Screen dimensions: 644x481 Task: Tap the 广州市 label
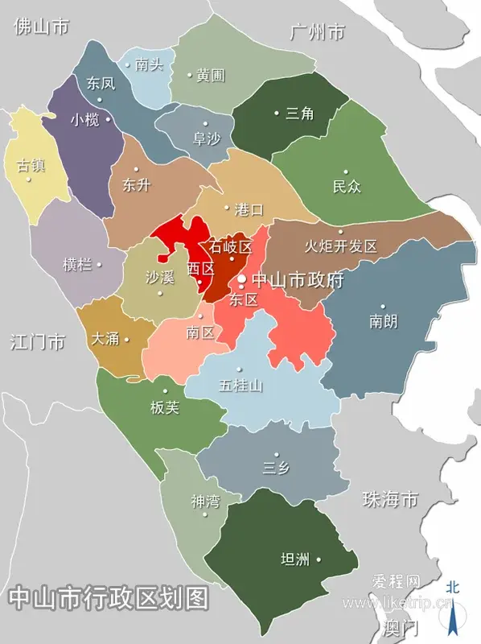click(x=317, y=33)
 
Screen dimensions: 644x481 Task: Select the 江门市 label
click(x=38, y=341)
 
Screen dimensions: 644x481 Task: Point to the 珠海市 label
click(x=390, y=499)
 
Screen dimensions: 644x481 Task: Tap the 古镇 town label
click(x=31, y=166)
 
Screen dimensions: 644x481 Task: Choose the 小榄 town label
click(x=84, y=120)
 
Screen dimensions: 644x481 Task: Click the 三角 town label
click(x=299, y=114)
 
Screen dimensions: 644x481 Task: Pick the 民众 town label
click(x=347, y=187)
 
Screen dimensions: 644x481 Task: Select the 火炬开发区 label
click(x=341, y=246)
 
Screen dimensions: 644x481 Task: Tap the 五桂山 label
click(x=240, y=386)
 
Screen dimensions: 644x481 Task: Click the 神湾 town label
click(x=205, y=502)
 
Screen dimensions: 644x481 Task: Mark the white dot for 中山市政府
click(x=241, y=280)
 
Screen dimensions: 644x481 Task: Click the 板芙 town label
click(x=165, y=408)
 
